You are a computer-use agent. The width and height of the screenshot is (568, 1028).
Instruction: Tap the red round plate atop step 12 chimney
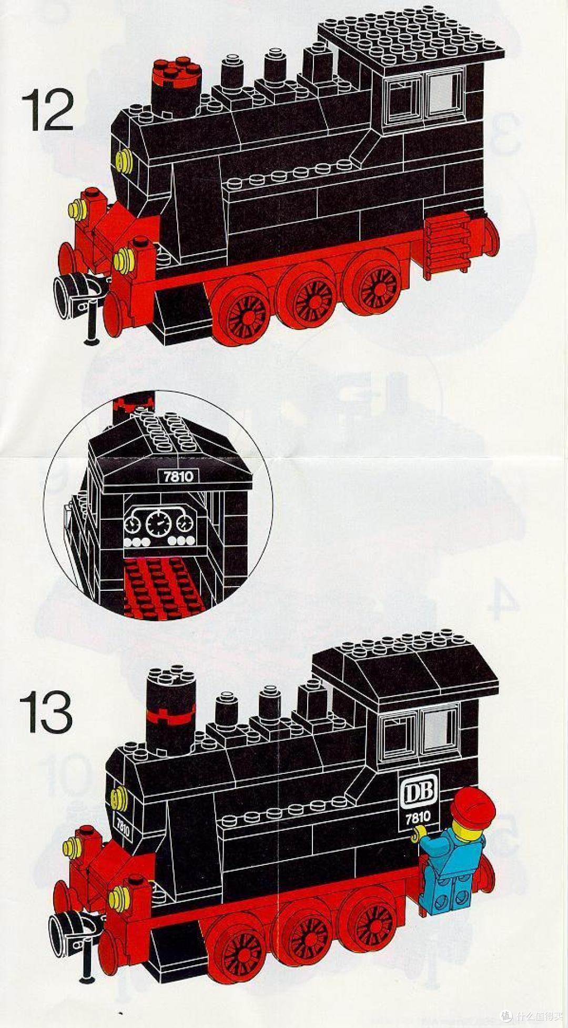tap(176, 73)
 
